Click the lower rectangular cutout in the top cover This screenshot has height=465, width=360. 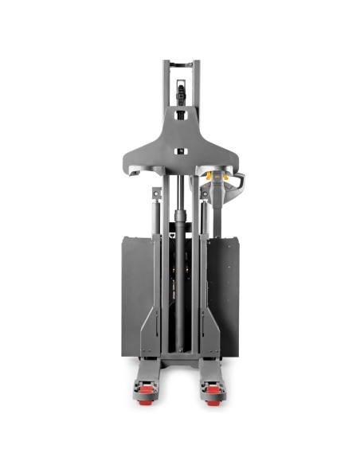click(x=180, y=151)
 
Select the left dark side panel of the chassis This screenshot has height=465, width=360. click(x=131, y=295)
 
